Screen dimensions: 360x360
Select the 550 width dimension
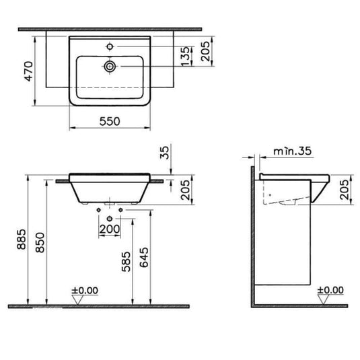point(110,122)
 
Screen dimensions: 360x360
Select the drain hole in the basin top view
point(110,67)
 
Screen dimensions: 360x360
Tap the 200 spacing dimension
point(110,229)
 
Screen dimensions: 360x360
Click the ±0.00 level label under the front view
point(85,291)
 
